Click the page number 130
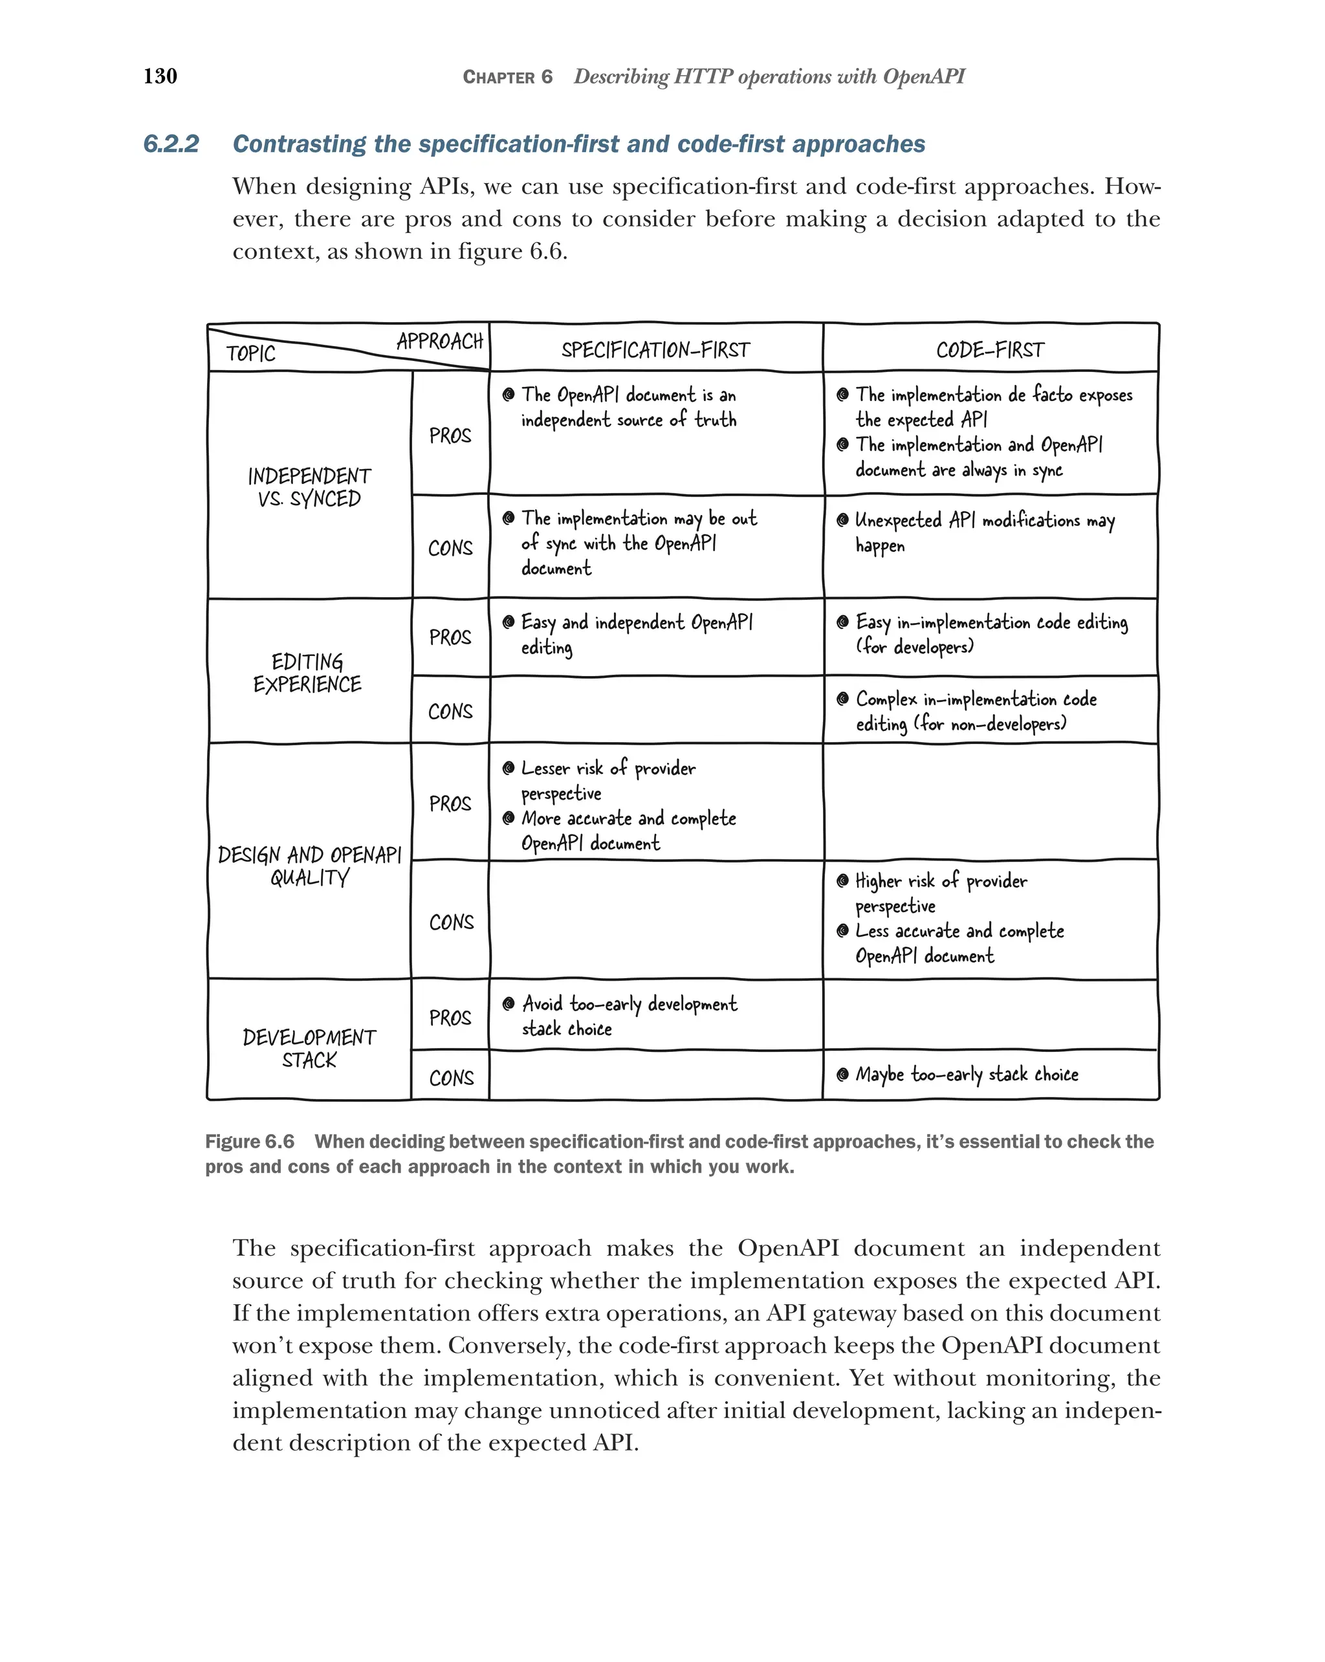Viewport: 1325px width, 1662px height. (x=160, y=76)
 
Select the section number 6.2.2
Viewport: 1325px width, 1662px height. (x=171, y=144)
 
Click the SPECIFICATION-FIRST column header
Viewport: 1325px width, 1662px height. (x=655, y=350)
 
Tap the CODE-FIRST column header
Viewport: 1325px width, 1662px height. (x=990, y=350)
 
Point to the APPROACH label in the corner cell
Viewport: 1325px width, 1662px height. (x=439, y=341)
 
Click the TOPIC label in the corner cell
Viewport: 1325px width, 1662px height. (x=250, y=354)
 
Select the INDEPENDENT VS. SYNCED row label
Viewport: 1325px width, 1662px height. (x=309, y=487)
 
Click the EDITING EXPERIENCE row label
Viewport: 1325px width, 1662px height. (x=307, y=673)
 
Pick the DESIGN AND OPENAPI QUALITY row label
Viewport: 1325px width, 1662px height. (x=309, y=866)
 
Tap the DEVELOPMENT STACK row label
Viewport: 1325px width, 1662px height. (x=309, y=1049)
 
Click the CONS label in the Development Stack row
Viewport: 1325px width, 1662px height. (x=451, y=1078)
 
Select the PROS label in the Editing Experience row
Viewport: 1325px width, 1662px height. (x=450, y=637)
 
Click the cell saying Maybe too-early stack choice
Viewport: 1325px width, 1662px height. (x=967, y=1075)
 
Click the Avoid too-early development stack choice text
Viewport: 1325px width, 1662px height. (x=628, y=1016)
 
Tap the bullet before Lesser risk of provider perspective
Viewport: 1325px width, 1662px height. (x=508, y=769)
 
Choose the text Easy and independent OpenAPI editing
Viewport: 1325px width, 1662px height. (x=636, y=633)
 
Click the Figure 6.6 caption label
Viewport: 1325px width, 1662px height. (x=250, y=1142)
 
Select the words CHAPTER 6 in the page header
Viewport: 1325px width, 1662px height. (x=507, y=77)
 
